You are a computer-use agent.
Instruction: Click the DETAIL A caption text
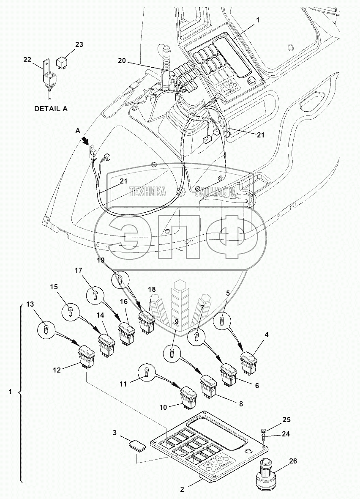[51, 109]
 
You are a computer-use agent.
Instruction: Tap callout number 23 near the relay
[79, 44]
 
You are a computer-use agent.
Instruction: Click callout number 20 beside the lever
[122, 61]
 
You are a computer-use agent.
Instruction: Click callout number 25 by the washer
[286, 419]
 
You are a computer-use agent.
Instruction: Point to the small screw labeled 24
[264, 436]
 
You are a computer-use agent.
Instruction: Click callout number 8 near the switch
[241, 404]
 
